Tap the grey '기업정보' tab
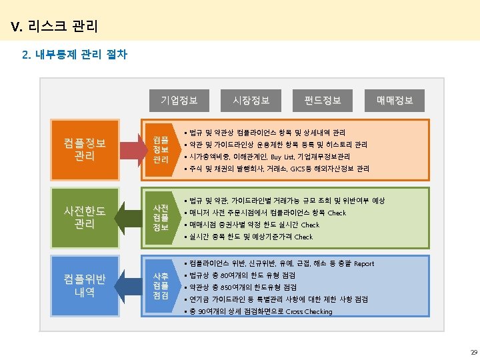[179, 101]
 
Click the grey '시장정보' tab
[251, 101]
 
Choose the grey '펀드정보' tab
[323, 101]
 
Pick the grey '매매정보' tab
[395, 101]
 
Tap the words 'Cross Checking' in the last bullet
[309, 312]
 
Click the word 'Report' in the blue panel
[363, 264]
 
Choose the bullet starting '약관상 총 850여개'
[238, 288]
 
